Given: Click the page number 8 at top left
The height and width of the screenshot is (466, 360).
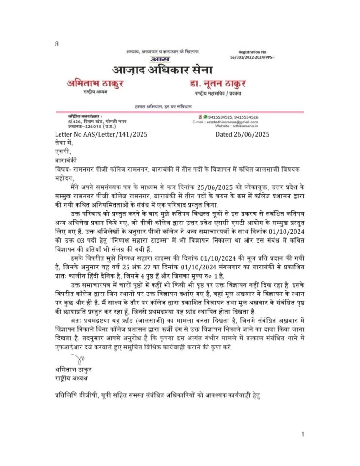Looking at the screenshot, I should (57, 44).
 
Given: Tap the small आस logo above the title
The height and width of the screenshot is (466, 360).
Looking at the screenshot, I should (160, 60).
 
